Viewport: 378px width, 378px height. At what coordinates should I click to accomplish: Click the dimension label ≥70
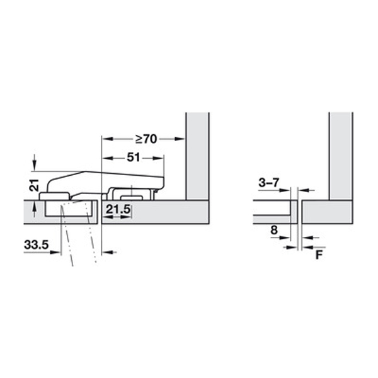click(x=146, y=139)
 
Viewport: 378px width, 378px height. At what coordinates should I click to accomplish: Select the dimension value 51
click(x=134, y=157)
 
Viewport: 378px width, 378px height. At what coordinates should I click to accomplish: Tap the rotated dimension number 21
click(x=34, y=185)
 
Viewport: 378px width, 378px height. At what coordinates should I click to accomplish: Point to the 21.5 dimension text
click(x=118, y=209)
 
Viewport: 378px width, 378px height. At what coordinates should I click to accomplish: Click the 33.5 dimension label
click(x=37, y=245)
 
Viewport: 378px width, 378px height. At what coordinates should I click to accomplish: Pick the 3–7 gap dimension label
click(x=268, y=183)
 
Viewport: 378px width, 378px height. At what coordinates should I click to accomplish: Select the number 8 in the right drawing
click(x=274, y=230)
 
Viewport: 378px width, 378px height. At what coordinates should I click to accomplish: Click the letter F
click(x=319, y=255)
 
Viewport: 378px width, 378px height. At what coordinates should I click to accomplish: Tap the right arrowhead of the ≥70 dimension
click(x=180, y=139)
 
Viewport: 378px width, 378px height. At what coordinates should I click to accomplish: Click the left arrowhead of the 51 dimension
click(x=108, y=158)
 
